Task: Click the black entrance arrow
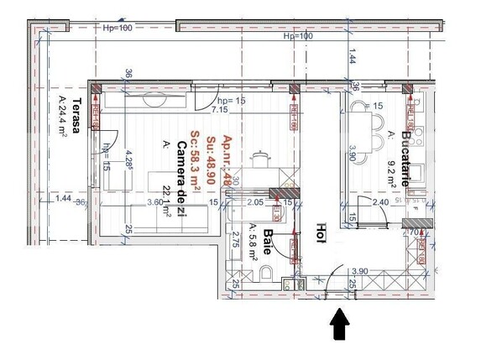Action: tap(340, 325)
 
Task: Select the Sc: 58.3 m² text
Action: tap(195, 164)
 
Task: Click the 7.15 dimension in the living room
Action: tap(220, 110)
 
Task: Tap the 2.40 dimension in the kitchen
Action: tap(380, 202)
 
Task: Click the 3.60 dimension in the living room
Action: tap(154, 202)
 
